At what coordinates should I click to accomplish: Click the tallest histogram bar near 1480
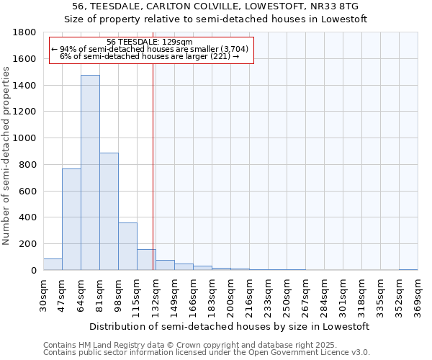pyautogui.click(x=90, y=173)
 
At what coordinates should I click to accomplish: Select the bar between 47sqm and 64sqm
pyautogui.click(x=71, y=219)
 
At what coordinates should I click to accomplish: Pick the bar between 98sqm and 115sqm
pyautogui.click(x=127, y=246)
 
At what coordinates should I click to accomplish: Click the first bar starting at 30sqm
pyautogui.click(x=53, y=264)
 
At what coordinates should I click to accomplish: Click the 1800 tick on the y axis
pyautogui.click(x=25, y=32)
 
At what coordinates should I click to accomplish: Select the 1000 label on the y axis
pyautogui.click(x=25, y=138)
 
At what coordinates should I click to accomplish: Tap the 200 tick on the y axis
pyautogui.click(x=28, y=244)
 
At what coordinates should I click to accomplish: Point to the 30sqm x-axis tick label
pyautogui.click(x=44, y=294)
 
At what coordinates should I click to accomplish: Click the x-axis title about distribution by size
pyautogui.click(x=230, y=326)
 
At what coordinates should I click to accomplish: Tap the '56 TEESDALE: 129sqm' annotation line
pyautogui.click(x=149, y=42)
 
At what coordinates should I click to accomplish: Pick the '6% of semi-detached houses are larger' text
pyautogui.click(x=149, y=55)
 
